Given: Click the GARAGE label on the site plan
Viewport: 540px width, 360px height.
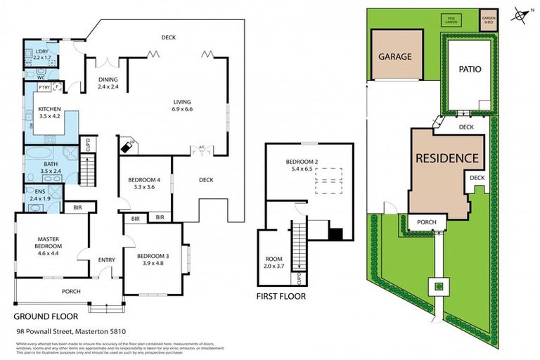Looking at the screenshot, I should [x=394, y=56].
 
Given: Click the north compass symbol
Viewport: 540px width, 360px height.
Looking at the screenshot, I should [x=518, y=13].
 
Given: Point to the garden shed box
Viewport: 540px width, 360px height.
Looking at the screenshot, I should [x=488, y=20].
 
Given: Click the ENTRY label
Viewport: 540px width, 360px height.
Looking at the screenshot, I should [x=106, y=260].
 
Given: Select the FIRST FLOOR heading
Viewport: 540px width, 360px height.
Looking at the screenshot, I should [x=281, y=297].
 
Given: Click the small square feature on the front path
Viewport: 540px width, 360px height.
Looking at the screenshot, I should [x=437, y=286].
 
